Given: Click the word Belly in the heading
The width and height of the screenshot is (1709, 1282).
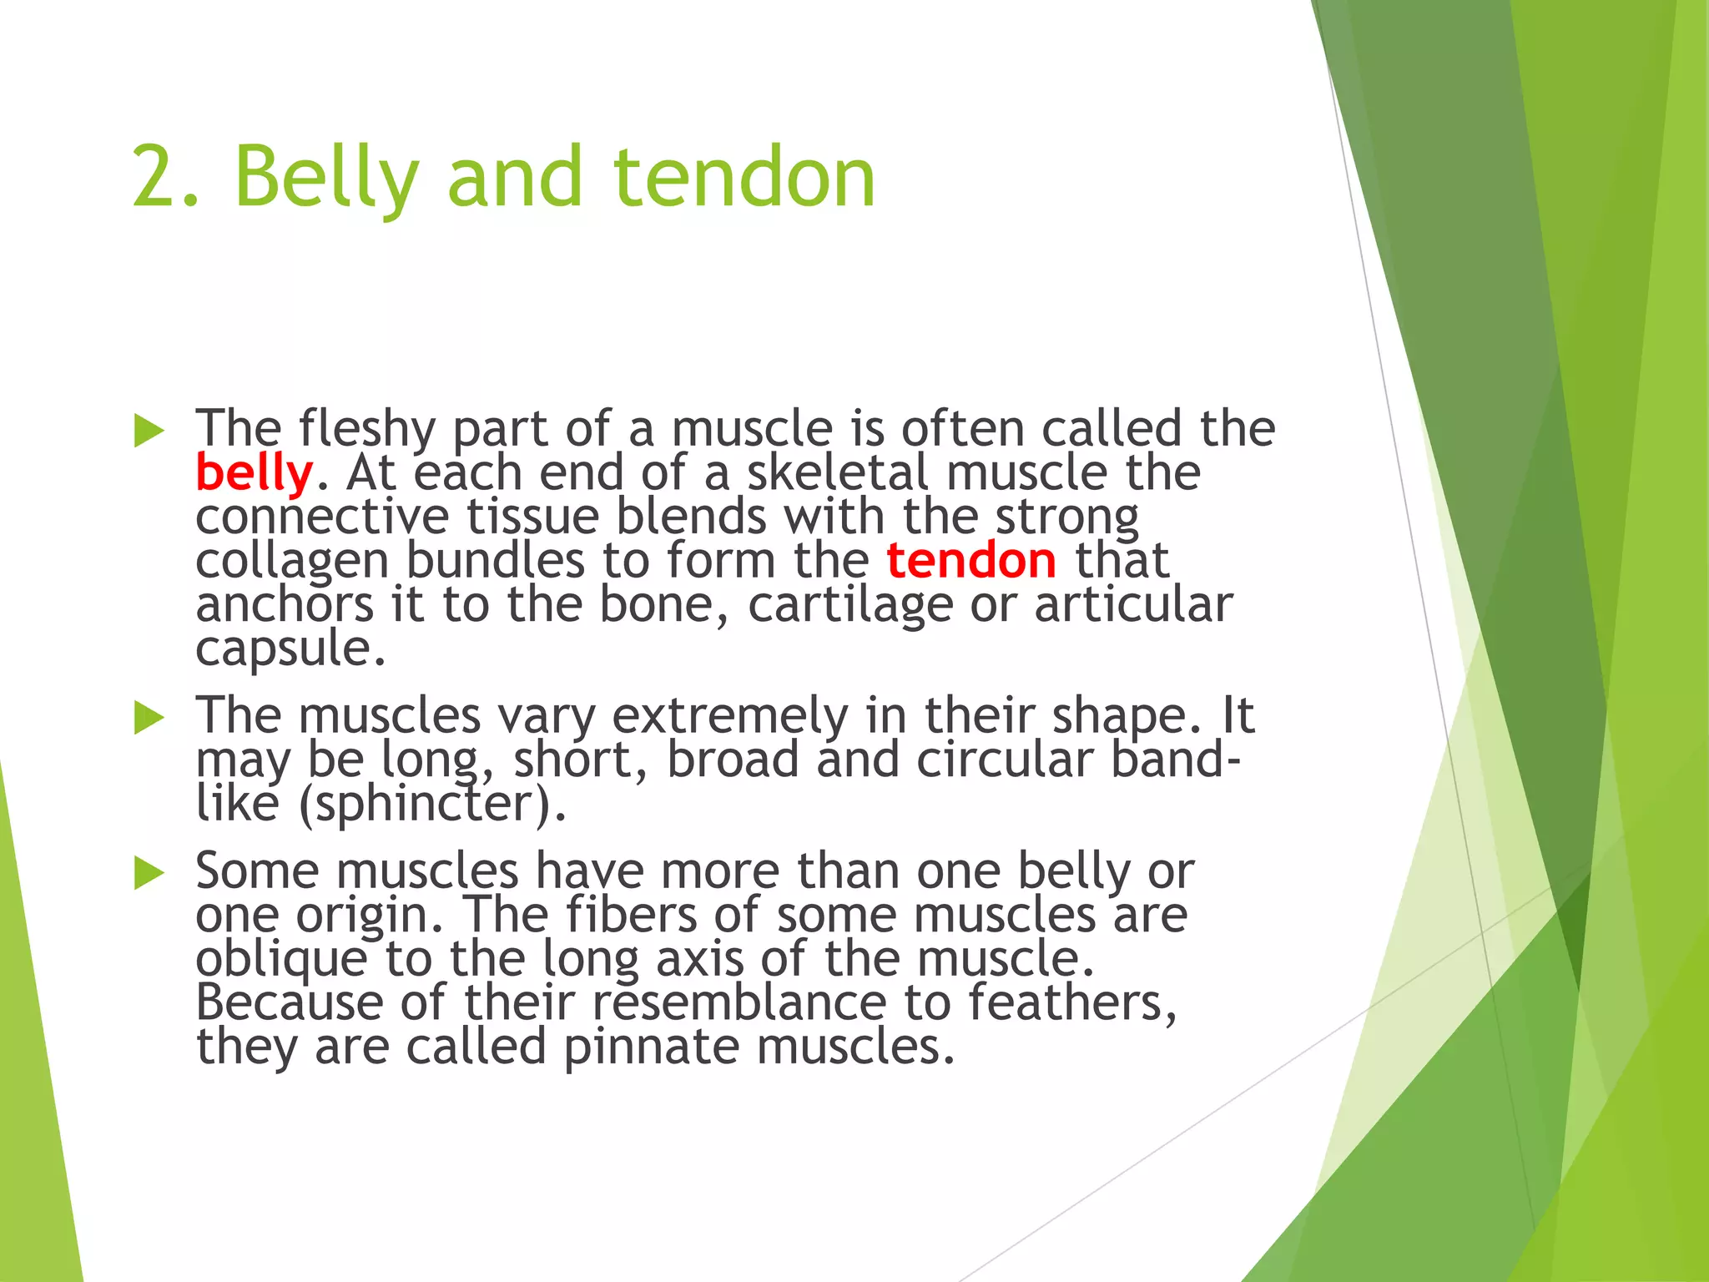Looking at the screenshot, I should tap(325, 179).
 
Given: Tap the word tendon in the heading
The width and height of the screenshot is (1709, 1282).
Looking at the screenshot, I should tap(744, 177).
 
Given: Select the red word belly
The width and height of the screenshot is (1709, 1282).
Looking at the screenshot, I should tap(254, 473).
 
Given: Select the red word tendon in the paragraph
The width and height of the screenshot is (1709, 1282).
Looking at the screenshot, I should tap(970, 560).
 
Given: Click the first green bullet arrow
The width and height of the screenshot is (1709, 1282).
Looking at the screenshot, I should tap(149, 432).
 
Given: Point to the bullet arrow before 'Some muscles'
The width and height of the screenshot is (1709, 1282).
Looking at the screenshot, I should tap(149, 873).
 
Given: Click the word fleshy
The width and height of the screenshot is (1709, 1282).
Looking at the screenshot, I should tap(366, 430).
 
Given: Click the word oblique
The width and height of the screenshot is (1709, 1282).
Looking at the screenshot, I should tap(281, 960).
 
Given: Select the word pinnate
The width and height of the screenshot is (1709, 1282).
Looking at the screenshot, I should tap(651, 1047).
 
